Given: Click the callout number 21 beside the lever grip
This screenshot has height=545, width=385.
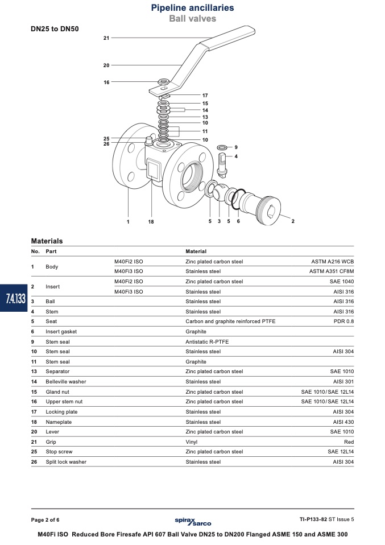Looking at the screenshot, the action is point(106,38).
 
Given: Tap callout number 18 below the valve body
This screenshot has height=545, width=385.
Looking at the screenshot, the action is point(151,222).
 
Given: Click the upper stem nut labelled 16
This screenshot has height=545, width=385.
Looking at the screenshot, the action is point(163,82).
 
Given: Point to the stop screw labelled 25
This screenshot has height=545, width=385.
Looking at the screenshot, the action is point(148,141).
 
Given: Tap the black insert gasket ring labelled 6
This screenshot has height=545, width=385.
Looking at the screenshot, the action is point(238,199).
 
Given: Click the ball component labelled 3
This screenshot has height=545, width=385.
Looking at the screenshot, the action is point(220,192).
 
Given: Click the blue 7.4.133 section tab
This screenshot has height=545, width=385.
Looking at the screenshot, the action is point(14,298).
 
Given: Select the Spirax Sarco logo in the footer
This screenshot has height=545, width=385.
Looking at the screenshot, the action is point(193,521).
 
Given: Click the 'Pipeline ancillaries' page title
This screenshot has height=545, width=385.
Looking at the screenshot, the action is point(192,7).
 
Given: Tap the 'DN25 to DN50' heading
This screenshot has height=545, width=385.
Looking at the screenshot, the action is point(55,29).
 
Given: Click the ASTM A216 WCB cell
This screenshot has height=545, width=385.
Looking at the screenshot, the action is point(333,262).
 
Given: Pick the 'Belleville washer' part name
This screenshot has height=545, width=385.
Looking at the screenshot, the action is point(65,382).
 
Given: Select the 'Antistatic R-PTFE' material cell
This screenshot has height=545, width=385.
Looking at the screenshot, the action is point(207,342).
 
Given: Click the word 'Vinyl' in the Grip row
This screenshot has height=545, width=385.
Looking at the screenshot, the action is point(192,442).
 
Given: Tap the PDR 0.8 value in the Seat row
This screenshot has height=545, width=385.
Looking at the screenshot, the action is point(343,321).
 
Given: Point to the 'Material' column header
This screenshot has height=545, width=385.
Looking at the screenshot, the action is point(196,251).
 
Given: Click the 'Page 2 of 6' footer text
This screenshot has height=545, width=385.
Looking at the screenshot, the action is point(45,520).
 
